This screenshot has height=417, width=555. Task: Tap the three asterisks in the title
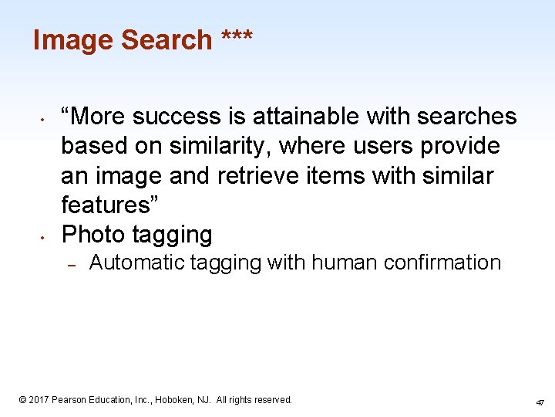[236, 37]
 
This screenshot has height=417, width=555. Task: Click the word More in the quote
[99, 117]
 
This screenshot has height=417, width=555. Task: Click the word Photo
[93, 234]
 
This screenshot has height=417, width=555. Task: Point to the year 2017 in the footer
[39, 400]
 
